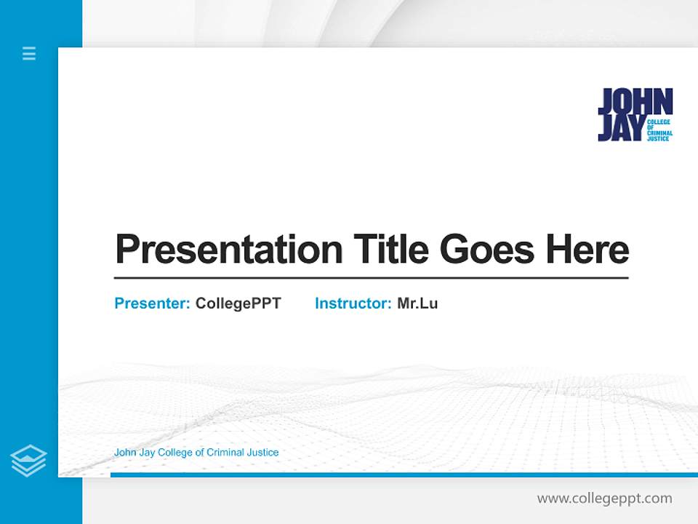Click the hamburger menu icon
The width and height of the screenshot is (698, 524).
(29, 53)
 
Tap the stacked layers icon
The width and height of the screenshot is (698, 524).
(28, 461)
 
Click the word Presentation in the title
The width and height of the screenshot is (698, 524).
(229, 250)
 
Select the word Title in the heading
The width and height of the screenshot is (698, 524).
(390, 249)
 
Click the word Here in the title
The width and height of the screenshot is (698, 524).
(587, 250)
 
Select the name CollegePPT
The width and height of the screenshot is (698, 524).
(238, 303)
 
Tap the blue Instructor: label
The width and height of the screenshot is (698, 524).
(353, 303)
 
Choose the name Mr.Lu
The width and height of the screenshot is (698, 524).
(417, 303)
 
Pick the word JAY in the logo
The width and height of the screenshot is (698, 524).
(620, 128)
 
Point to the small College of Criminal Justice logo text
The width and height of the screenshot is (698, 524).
(659, 130)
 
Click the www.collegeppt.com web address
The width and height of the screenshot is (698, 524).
(604, 499)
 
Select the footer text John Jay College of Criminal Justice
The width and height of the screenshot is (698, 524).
(196, 453)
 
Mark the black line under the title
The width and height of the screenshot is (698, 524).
(371, 278)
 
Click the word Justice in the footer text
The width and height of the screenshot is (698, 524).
(263, 453)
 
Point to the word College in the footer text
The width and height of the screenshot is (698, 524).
(176, 453)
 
